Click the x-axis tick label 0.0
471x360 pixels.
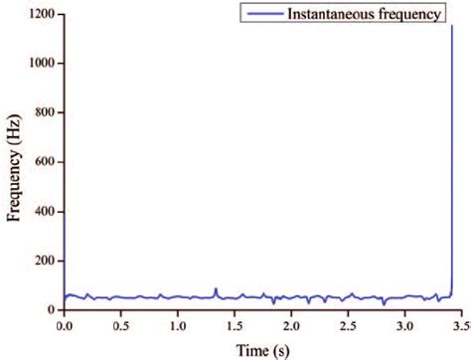tap(65, 325)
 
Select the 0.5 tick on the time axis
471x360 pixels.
tap(121, 325)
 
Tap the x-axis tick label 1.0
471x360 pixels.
tap(178, 325)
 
